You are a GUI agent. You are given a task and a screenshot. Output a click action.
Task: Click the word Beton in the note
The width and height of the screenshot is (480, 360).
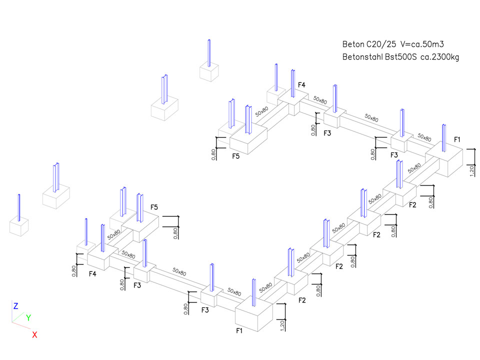click(353, 44)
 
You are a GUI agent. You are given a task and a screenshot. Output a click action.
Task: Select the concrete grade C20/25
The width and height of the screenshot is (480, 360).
click(381, 44)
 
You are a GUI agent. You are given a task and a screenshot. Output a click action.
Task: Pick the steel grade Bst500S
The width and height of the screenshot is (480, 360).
click(400, 57)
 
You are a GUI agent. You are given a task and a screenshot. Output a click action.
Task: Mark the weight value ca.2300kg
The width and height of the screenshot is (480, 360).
click(439, 57)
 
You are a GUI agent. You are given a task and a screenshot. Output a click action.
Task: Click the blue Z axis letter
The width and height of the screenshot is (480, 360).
click(16, 305)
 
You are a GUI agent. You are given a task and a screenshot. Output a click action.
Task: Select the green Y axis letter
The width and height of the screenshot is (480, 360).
click(28, 317)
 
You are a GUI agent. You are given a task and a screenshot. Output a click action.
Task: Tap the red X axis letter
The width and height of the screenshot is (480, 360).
click(34, 334)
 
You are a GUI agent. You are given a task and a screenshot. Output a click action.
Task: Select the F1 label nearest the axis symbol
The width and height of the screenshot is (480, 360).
click(240, 330)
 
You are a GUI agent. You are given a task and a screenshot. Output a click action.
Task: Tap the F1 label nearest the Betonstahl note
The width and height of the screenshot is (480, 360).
click(458, 138)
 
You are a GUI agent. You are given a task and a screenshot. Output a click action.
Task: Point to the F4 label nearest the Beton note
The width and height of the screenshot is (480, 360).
click(301, 85)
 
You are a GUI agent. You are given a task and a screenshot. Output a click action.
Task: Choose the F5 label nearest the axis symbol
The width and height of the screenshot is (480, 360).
click(154, 207)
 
